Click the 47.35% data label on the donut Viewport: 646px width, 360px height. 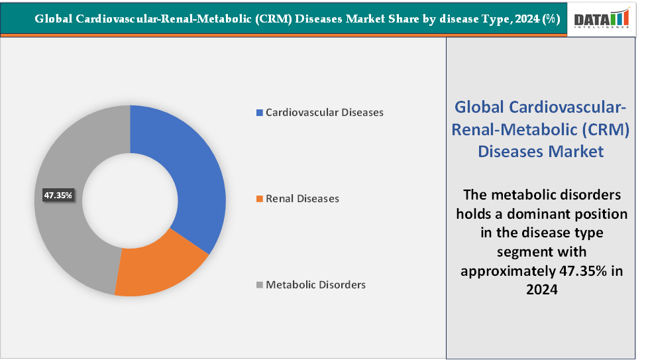coord(58,196)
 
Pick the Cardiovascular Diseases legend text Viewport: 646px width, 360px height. coord(324,113)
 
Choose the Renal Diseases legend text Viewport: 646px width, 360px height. coord(302,199)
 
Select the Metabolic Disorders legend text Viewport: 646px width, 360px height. coord(315,285)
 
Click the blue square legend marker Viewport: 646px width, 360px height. coord(260,113)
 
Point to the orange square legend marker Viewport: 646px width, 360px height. coord(260,199)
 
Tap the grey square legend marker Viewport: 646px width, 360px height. coord(260,285)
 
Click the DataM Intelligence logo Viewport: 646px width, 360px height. coord(601,19)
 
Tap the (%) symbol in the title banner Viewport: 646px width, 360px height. coord(550,19)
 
